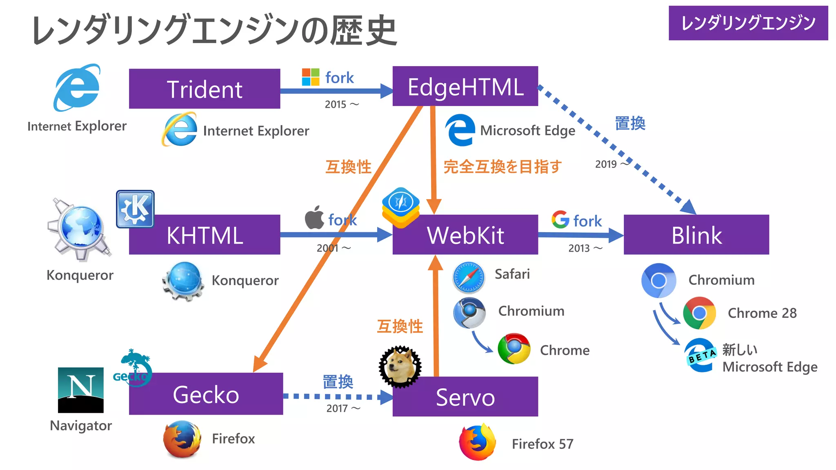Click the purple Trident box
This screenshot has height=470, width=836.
pyautogui.click(x=204, y=89)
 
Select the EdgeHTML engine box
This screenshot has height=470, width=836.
pyautogui.click(x=465, y=86)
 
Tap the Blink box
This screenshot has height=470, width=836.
pyautogui.click(x=696, y=235)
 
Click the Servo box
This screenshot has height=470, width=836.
pyautogui.click(x=465, y=397)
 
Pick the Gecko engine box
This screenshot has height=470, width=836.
pyautogui.click(x=206, y=394)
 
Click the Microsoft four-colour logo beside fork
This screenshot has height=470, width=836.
pyautogui.click(x=310, y=77)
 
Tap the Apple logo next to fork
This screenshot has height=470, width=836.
pyautogui.click(x=314, y=218)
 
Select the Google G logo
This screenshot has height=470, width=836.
pyautogui.click(x=560, y=219)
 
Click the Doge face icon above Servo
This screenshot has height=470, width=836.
pyautogui.click(x=400, y=366)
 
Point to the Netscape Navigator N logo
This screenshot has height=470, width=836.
pyautogui.click(x=80, y=390)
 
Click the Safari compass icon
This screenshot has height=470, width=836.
pyautogui.click(x=469, y=277)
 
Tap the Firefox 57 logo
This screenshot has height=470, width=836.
pyautogui.click(x=477, y=443)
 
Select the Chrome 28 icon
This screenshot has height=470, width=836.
pyautogui.click(x=699, y=313)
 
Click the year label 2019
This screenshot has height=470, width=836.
pyautogui.click(x=606, y=164)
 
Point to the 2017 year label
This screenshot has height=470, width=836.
pyautogui.click(x=337, y=408)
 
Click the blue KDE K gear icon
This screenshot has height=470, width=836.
pyautogui.click(x=135, y=209)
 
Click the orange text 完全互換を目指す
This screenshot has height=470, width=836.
pyautogui.click(x=502, y=167)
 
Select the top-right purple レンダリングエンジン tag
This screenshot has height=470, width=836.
pyautogui.click(x=748, y=23)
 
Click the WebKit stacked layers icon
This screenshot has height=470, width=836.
pyautogui.click(x=400, y=207)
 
